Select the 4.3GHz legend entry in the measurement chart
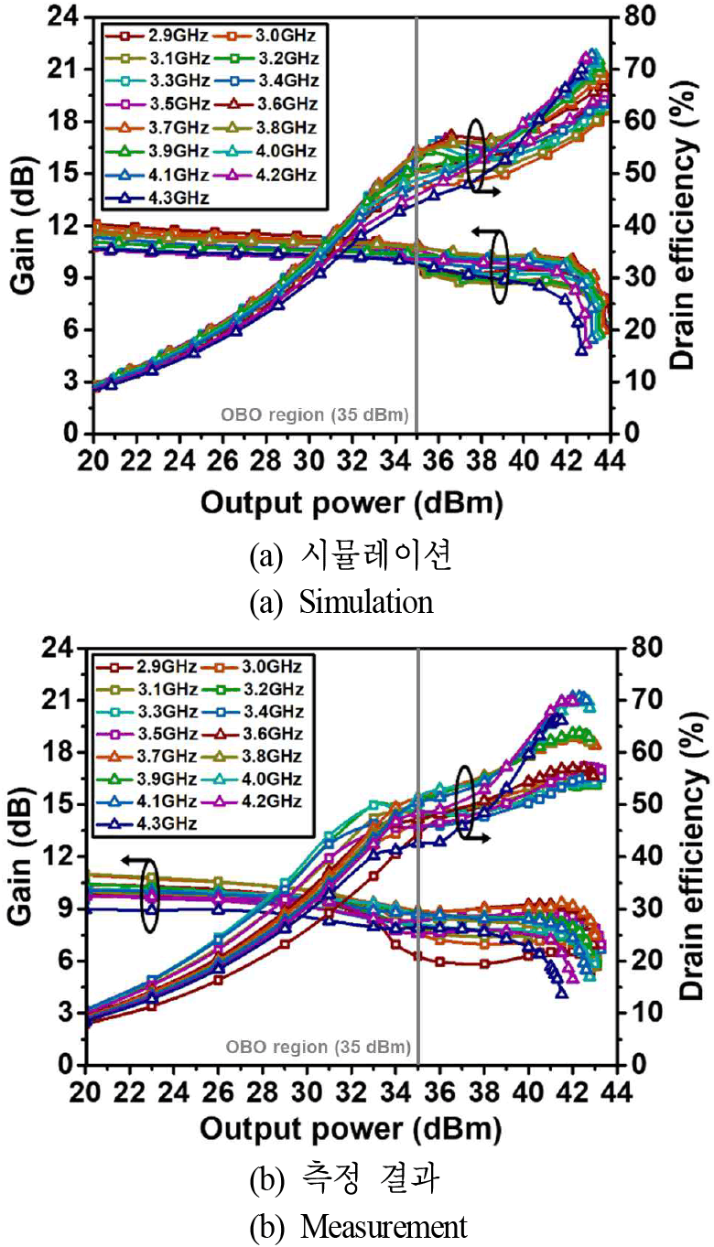click(146, 823)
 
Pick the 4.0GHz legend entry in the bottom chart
click(252, 779)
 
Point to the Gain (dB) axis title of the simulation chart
click(23, 225)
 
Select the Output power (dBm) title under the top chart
click(352, 503)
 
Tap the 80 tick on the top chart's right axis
click(639, 16)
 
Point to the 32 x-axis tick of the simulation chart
click(352, 461)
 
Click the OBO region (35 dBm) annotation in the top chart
click(315, 414)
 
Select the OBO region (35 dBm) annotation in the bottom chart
click(319, 1048)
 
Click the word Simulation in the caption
click(366, 602)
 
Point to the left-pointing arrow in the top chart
click(483, 231)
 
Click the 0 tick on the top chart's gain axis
click(70, 433)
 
